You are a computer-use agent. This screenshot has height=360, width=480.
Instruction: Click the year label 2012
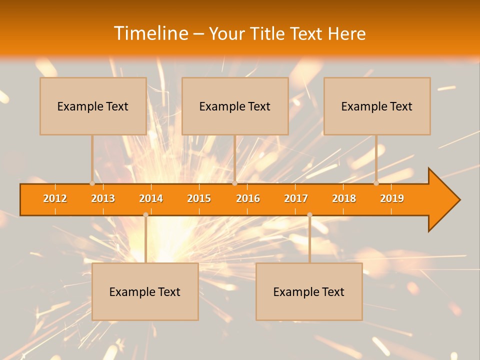(x=55, y=198)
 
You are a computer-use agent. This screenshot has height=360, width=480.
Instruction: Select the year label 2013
(x=103, y=198)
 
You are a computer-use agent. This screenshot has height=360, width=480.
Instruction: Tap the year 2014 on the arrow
(x=151, y=198)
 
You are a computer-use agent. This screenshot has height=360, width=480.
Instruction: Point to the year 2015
(x=199, y=198)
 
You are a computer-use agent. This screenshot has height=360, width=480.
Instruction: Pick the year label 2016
(x=248, y=198)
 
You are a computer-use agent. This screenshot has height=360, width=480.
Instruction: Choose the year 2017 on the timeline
(x=296, y=198)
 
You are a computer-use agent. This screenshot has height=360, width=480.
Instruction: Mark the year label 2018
(x=344, y=198)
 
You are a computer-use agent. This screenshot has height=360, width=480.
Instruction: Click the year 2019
(x=392, y=198)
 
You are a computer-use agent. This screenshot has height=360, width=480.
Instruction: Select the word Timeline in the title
(x=150, y=33)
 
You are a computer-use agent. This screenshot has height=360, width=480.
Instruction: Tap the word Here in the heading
(x=346, y=33)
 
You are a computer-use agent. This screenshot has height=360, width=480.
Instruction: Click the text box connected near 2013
(x=93, y=106)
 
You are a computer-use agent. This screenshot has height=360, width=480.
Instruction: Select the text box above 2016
(x=235, y=106)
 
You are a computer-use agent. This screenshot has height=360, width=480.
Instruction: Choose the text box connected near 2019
(x=377, y=106)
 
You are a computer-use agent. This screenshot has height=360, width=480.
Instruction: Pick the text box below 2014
(x=145, y=291)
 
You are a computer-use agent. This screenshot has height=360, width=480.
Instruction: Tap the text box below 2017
(x=309, y=291)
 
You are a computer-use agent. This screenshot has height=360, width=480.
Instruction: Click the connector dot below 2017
(x=309, y=214)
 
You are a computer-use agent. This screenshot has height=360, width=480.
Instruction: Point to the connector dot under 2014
(x=145, y=214)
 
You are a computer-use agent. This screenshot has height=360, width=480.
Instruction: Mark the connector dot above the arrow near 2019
(x=376, y=183)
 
